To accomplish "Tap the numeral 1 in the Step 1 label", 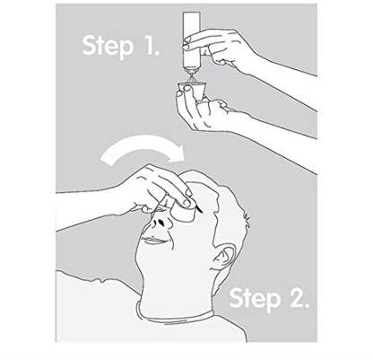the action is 151,45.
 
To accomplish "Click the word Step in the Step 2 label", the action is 255,300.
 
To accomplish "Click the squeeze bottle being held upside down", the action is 191,43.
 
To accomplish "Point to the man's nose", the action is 161,222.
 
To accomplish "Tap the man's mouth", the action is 155,240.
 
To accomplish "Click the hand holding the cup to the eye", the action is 155,190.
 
